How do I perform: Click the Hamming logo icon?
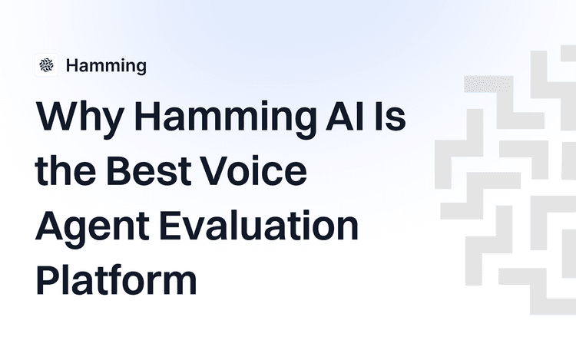tap(47, 65)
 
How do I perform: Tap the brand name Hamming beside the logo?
tap(106, 66)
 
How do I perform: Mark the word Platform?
tap(116, 281)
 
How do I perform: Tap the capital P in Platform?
tap(48, 281)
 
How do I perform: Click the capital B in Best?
tap(119, 173)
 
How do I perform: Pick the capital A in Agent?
tap(50, 227)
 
